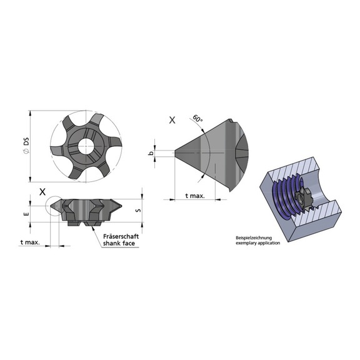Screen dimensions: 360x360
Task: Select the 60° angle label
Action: [x=198, y=118]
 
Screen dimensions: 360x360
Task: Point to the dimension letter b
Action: [x=151, y=152]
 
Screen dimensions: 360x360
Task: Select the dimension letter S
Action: [x=137, y=211]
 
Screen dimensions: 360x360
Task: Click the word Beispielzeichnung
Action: [x=256, y=237]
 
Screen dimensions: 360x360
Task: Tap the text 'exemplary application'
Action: [x=258, y=242]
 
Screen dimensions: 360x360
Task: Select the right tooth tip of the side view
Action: [x=121, y=204]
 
